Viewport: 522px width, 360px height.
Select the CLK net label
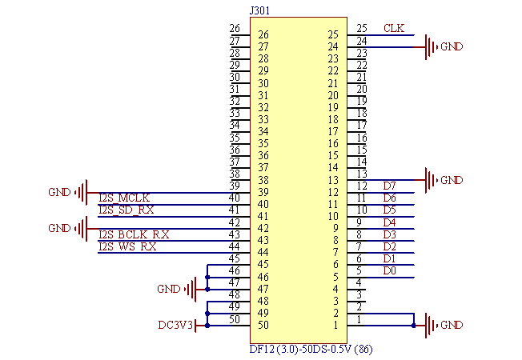point(393,29)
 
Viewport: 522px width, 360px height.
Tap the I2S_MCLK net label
point(124,197)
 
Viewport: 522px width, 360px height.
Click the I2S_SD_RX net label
point(126,210)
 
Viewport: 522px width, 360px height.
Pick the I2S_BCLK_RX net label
point(134,234)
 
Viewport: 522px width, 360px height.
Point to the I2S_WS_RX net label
point(127,246)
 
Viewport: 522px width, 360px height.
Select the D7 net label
point(389,186)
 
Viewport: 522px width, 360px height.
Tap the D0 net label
point(389,270)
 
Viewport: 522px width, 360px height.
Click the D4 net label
point(389,222)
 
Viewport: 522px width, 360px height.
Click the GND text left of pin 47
point(169,289)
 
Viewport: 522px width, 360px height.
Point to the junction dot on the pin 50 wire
point(207,325)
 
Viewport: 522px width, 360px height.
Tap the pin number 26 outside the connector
point(235,29)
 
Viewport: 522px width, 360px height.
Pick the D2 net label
point(389,246)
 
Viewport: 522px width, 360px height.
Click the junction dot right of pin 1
point(413,325)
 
